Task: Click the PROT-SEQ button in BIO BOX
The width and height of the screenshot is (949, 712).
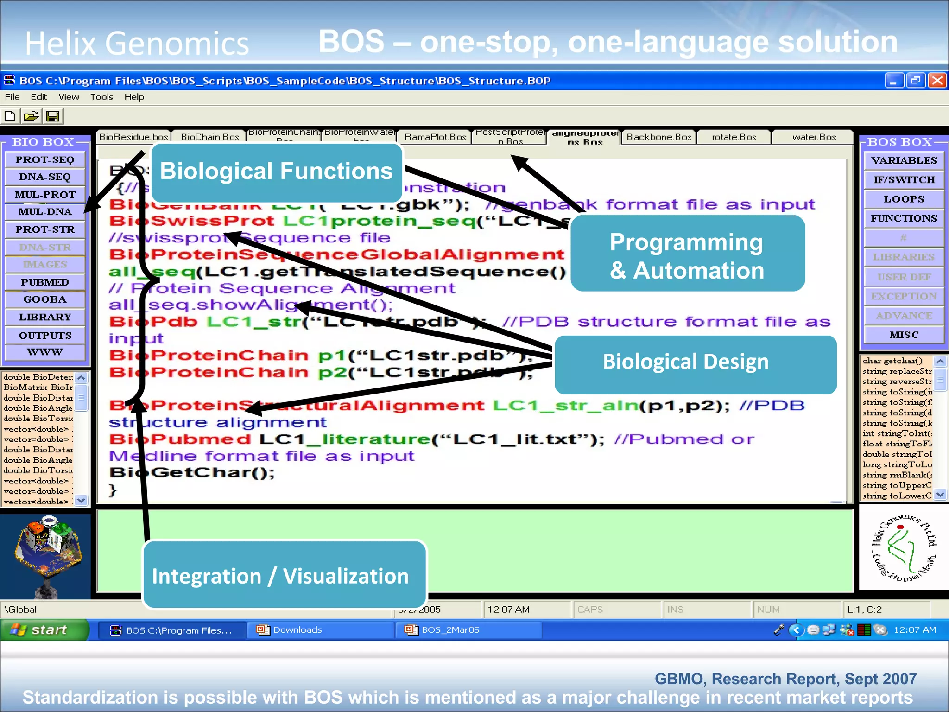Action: (x=45, y=160)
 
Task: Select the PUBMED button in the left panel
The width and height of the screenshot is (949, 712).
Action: (x=45, y=282)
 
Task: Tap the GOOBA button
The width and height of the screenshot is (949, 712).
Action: (x=45, y=299)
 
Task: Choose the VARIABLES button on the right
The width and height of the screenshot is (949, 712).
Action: (x=904, y=161)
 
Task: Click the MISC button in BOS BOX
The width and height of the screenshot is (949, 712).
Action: (x=904, y=335)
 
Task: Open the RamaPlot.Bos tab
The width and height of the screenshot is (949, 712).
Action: (x=435, y=137)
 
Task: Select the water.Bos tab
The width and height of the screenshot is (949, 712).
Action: (x=814, y=137)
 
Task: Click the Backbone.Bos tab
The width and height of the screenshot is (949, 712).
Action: (x=658, y=137)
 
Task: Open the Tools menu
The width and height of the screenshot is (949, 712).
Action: (x=101, y=97)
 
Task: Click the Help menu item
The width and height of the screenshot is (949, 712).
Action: (x=134, y=97)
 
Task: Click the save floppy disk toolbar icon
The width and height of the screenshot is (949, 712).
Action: (x=53, y=116)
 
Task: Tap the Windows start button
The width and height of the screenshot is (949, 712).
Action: (x=44, y=630)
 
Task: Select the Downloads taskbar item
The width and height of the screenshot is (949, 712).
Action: (x=297, y=630)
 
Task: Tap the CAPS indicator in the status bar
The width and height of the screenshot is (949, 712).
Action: (x=590, y=610)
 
